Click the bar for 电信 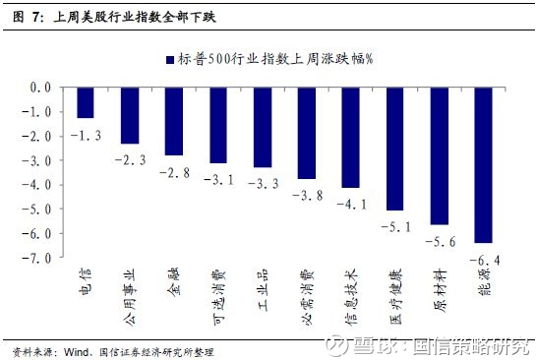pyautogui.click(x=85, y=102)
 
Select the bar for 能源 pyautogui.click(x=483, y=164)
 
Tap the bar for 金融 pyautogui.click(x=173, y=121)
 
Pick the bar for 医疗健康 pyautogui.click(x=394, y=149)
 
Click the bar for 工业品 pyautogui.click(x=262, y=127)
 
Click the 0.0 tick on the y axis pyautogui.click(x=39, y=87)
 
